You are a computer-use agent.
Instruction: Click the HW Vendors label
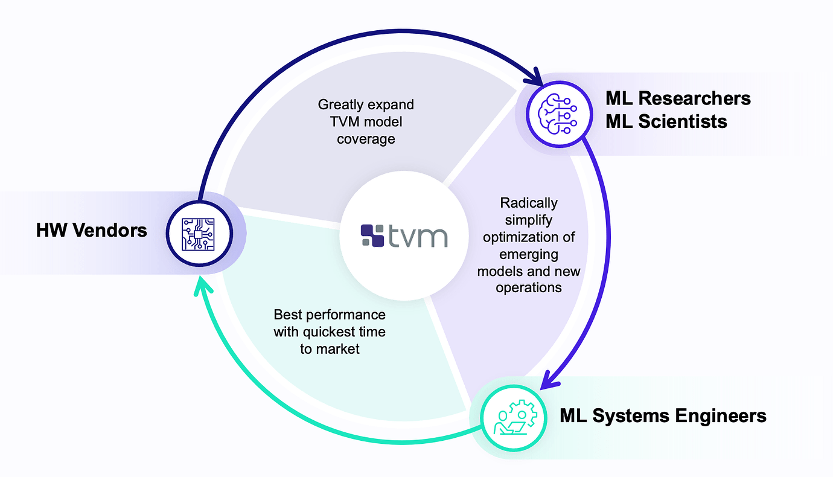click(x=92, y=230)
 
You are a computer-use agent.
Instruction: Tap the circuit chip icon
click(x=199, y=234)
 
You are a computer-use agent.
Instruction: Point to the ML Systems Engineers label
click(x=663, y=415)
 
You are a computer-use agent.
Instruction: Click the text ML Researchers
click(x=678, y=98)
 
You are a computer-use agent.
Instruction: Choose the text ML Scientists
click(x=666, y=121)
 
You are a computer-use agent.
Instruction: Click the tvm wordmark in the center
click(x=418, y=235)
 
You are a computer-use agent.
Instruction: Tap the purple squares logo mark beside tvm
click(x=372, y=235)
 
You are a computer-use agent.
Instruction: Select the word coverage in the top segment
click(x=366, y=139)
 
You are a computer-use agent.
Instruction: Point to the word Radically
click(x=529, y=203)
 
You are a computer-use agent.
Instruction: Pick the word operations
click(x=529, y=287)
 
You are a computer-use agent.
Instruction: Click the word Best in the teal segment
click(x=287, y=315)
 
